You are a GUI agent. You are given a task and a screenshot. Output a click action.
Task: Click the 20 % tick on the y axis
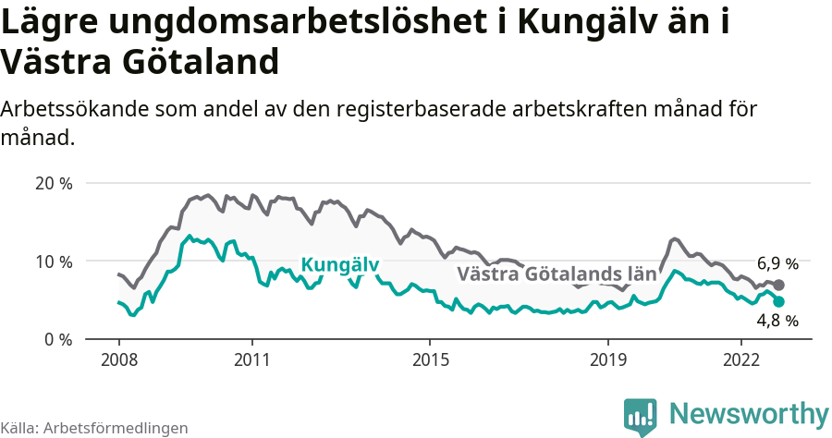(x=53, y=183)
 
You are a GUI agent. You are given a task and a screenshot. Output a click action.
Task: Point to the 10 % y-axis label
(x=53, y=262)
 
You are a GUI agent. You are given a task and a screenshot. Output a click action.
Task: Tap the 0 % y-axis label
(x=57, y=339)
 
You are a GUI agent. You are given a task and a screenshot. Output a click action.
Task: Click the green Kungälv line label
(x=340, y=265)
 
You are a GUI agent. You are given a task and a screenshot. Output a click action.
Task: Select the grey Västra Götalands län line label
(x=557, y=274)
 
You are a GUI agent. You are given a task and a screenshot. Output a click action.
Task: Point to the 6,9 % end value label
(x=777, y=264)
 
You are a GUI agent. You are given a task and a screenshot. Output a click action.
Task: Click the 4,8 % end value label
(x=777, y=321)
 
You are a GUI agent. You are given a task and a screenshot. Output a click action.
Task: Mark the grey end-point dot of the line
(x=778, y=286)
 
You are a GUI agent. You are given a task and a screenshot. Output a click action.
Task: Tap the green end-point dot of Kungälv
(x=778, y=301)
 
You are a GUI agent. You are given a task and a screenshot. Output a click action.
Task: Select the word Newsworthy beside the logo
(x=749, y=413)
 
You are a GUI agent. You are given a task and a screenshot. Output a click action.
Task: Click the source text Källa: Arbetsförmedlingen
(x=94, y=428)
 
